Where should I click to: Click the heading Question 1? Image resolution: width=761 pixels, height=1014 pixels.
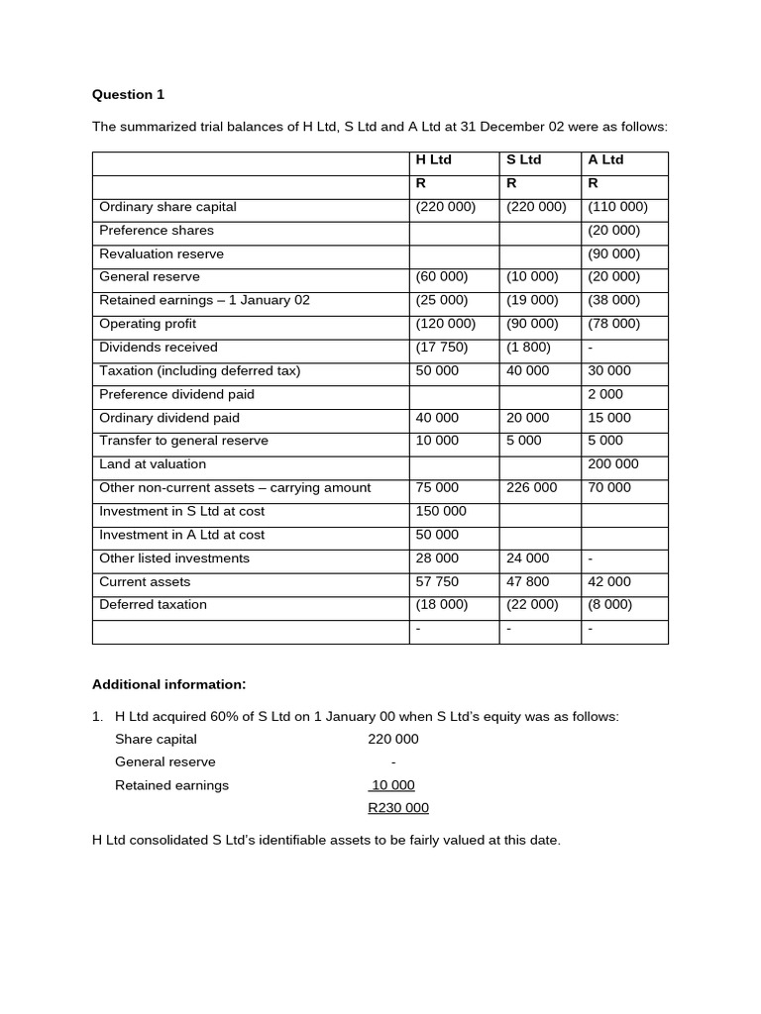[128, 95]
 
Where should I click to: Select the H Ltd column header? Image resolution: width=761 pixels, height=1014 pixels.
[433, 159]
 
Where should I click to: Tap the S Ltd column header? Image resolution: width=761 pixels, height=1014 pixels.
[523, 159]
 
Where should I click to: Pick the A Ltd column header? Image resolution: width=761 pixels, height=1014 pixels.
[605, 159]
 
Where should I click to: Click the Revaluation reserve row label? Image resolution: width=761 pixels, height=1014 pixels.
[162, 253]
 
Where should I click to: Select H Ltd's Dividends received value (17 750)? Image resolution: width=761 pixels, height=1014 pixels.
[441, 348]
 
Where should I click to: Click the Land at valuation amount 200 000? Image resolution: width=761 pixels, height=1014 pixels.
[613, 464]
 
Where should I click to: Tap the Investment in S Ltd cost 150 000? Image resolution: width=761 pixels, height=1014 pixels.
[437, 511]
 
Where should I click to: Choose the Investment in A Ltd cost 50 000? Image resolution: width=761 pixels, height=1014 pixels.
[433, 535]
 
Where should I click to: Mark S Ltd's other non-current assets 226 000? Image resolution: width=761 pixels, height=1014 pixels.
[531, 487]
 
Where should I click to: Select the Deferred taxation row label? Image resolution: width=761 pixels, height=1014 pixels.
[153, 605]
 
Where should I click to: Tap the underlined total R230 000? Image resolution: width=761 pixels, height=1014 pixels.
[398, 808]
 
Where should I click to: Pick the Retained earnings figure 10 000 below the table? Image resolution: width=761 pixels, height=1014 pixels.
[392, 785]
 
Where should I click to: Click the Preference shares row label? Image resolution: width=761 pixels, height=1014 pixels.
[157, 230]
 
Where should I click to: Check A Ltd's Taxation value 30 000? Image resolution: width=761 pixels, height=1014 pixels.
[609, 370]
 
